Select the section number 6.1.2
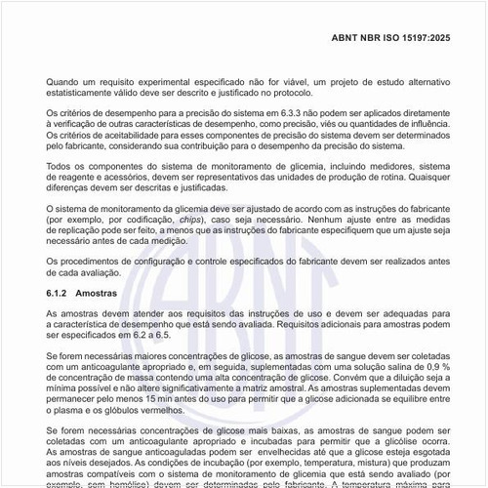click(61, 294)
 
